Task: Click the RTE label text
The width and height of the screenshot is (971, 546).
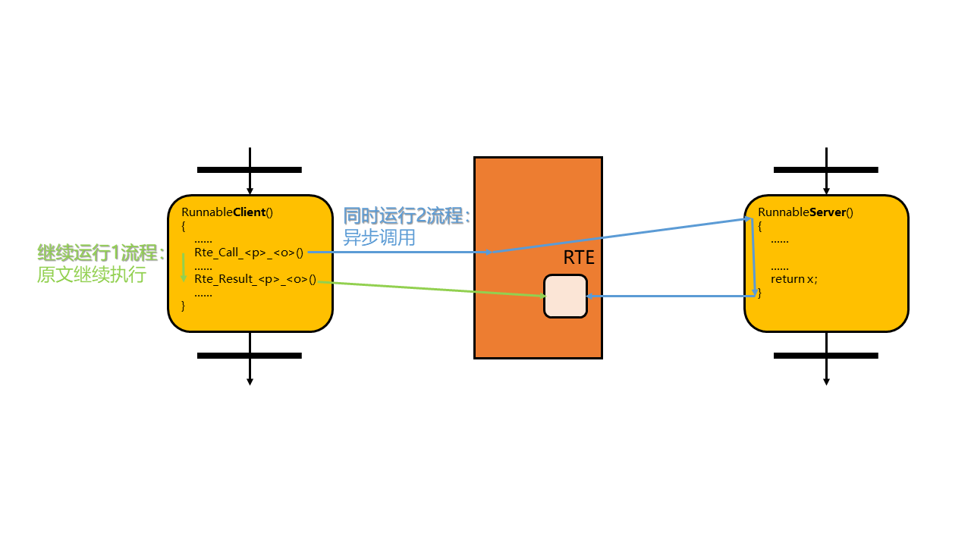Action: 579,257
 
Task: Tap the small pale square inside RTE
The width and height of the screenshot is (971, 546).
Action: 565,297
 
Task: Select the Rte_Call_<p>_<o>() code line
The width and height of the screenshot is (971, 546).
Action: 249,253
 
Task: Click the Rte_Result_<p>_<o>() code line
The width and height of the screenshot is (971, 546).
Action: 255,279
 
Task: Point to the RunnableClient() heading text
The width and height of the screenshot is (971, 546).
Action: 227,212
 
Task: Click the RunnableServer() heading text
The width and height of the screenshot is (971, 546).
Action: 806,212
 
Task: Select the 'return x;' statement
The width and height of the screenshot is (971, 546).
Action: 793,279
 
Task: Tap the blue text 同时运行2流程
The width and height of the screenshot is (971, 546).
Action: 406,216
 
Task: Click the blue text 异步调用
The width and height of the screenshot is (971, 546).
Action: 379,237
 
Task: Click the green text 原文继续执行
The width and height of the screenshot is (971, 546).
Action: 91,275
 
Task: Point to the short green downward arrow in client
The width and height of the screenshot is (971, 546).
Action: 184,267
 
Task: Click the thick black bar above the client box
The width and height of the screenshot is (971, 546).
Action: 250,170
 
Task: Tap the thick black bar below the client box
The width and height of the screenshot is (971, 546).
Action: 250,355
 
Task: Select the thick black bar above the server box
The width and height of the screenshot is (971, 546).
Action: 826,170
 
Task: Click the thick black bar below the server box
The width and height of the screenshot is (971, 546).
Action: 826,355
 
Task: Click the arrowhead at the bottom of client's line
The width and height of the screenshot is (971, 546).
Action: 250,381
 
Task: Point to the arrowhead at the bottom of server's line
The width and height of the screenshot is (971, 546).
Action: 826,381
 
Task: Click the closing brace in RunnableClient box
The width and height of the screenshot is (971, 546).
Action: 184,306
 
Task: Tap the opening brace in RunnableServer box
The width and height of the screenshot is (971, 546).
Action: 760,226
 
